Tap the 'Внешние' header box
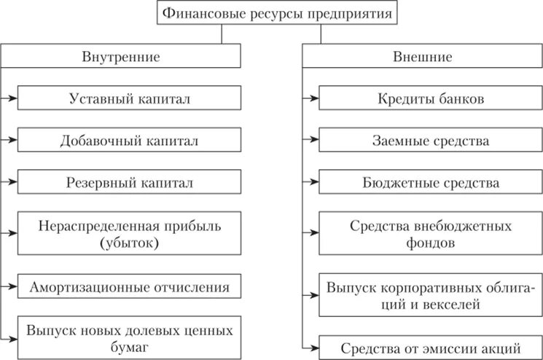[x=423, y=56]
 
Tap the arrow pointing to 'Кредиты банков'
[x=311, y=97]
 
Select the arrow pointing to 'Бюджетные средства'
[x=311, y=181]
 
